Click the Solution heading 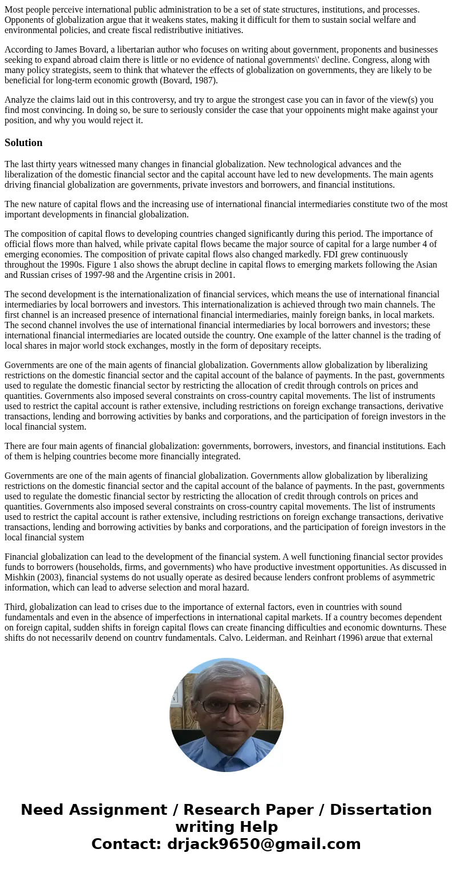tap(23, 143)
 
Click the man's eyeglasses tap(226, 705)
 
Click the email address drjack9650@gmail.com tap(264, 844)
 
